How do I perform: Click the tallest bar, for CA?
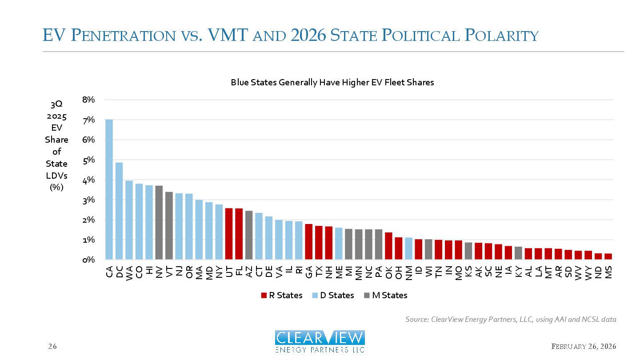pos(109,189)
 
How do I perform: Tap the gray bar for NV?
pos(159,223)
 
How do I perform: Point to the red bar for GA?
pos(308,242)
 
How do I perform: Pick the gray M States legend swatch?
pos(367,296)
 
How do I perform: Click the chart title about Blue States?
pos(332,82)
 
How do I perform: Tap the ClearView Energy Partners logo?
pos(320,342)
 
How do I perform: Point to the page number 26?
pos(52,346)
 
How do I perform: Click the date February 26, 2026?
pos(584,346)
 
